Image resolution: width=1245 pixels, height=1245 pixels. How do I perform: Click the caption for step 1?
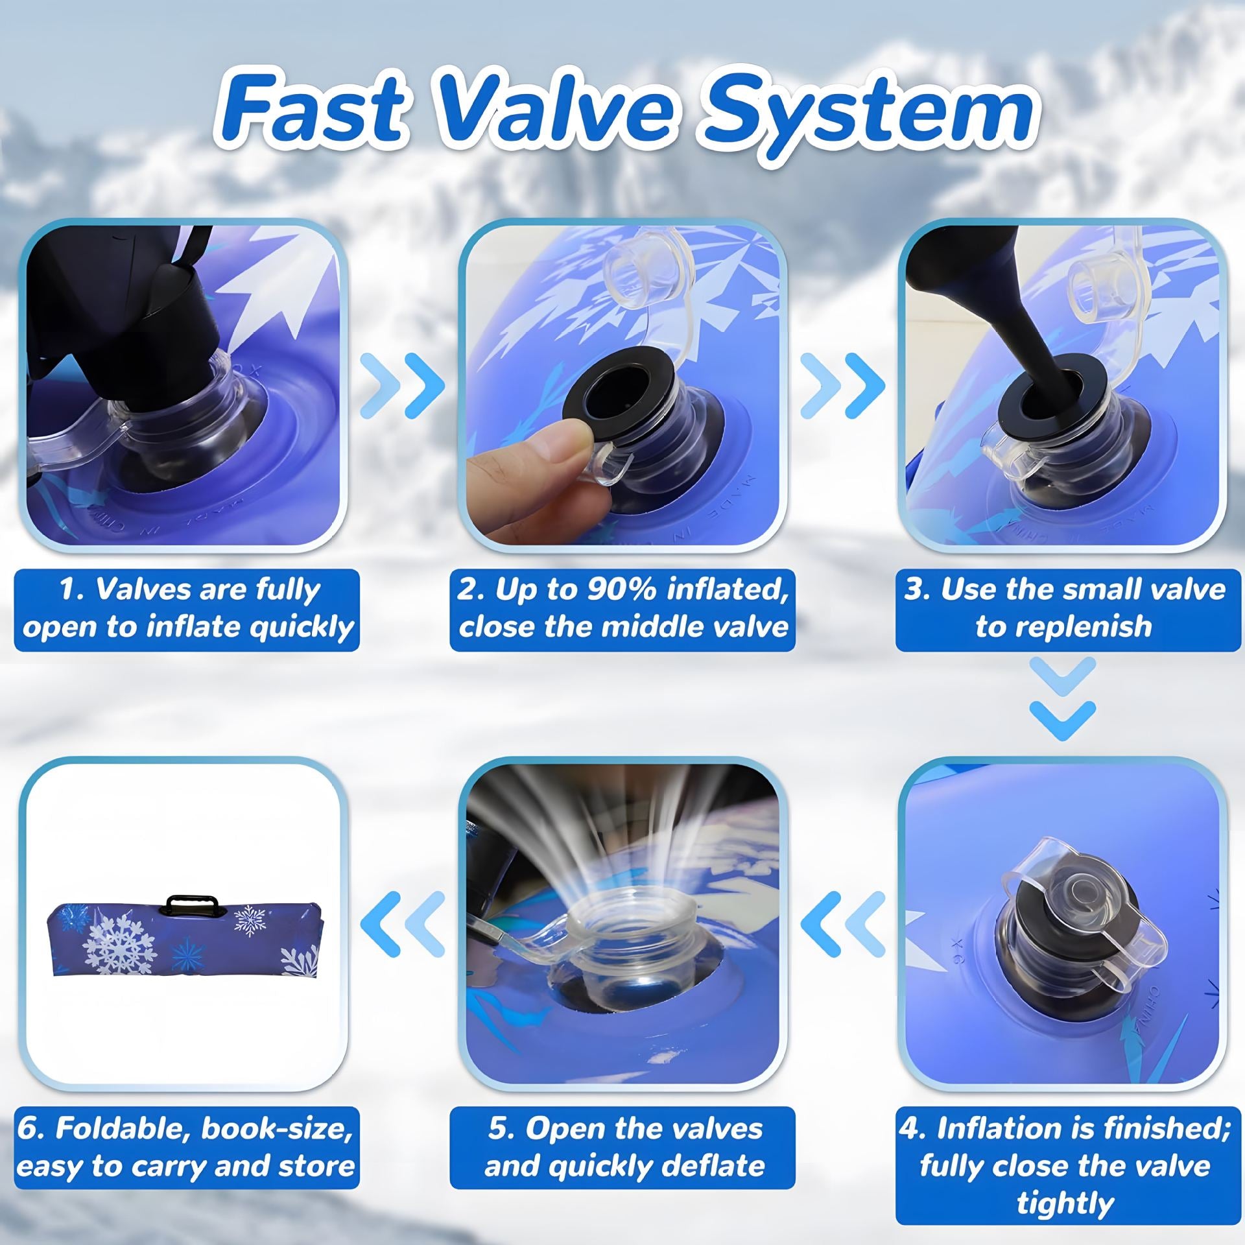(187, 609)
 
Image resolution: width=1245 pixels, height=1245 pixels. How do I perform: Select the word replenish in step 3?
(1063, 627)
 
